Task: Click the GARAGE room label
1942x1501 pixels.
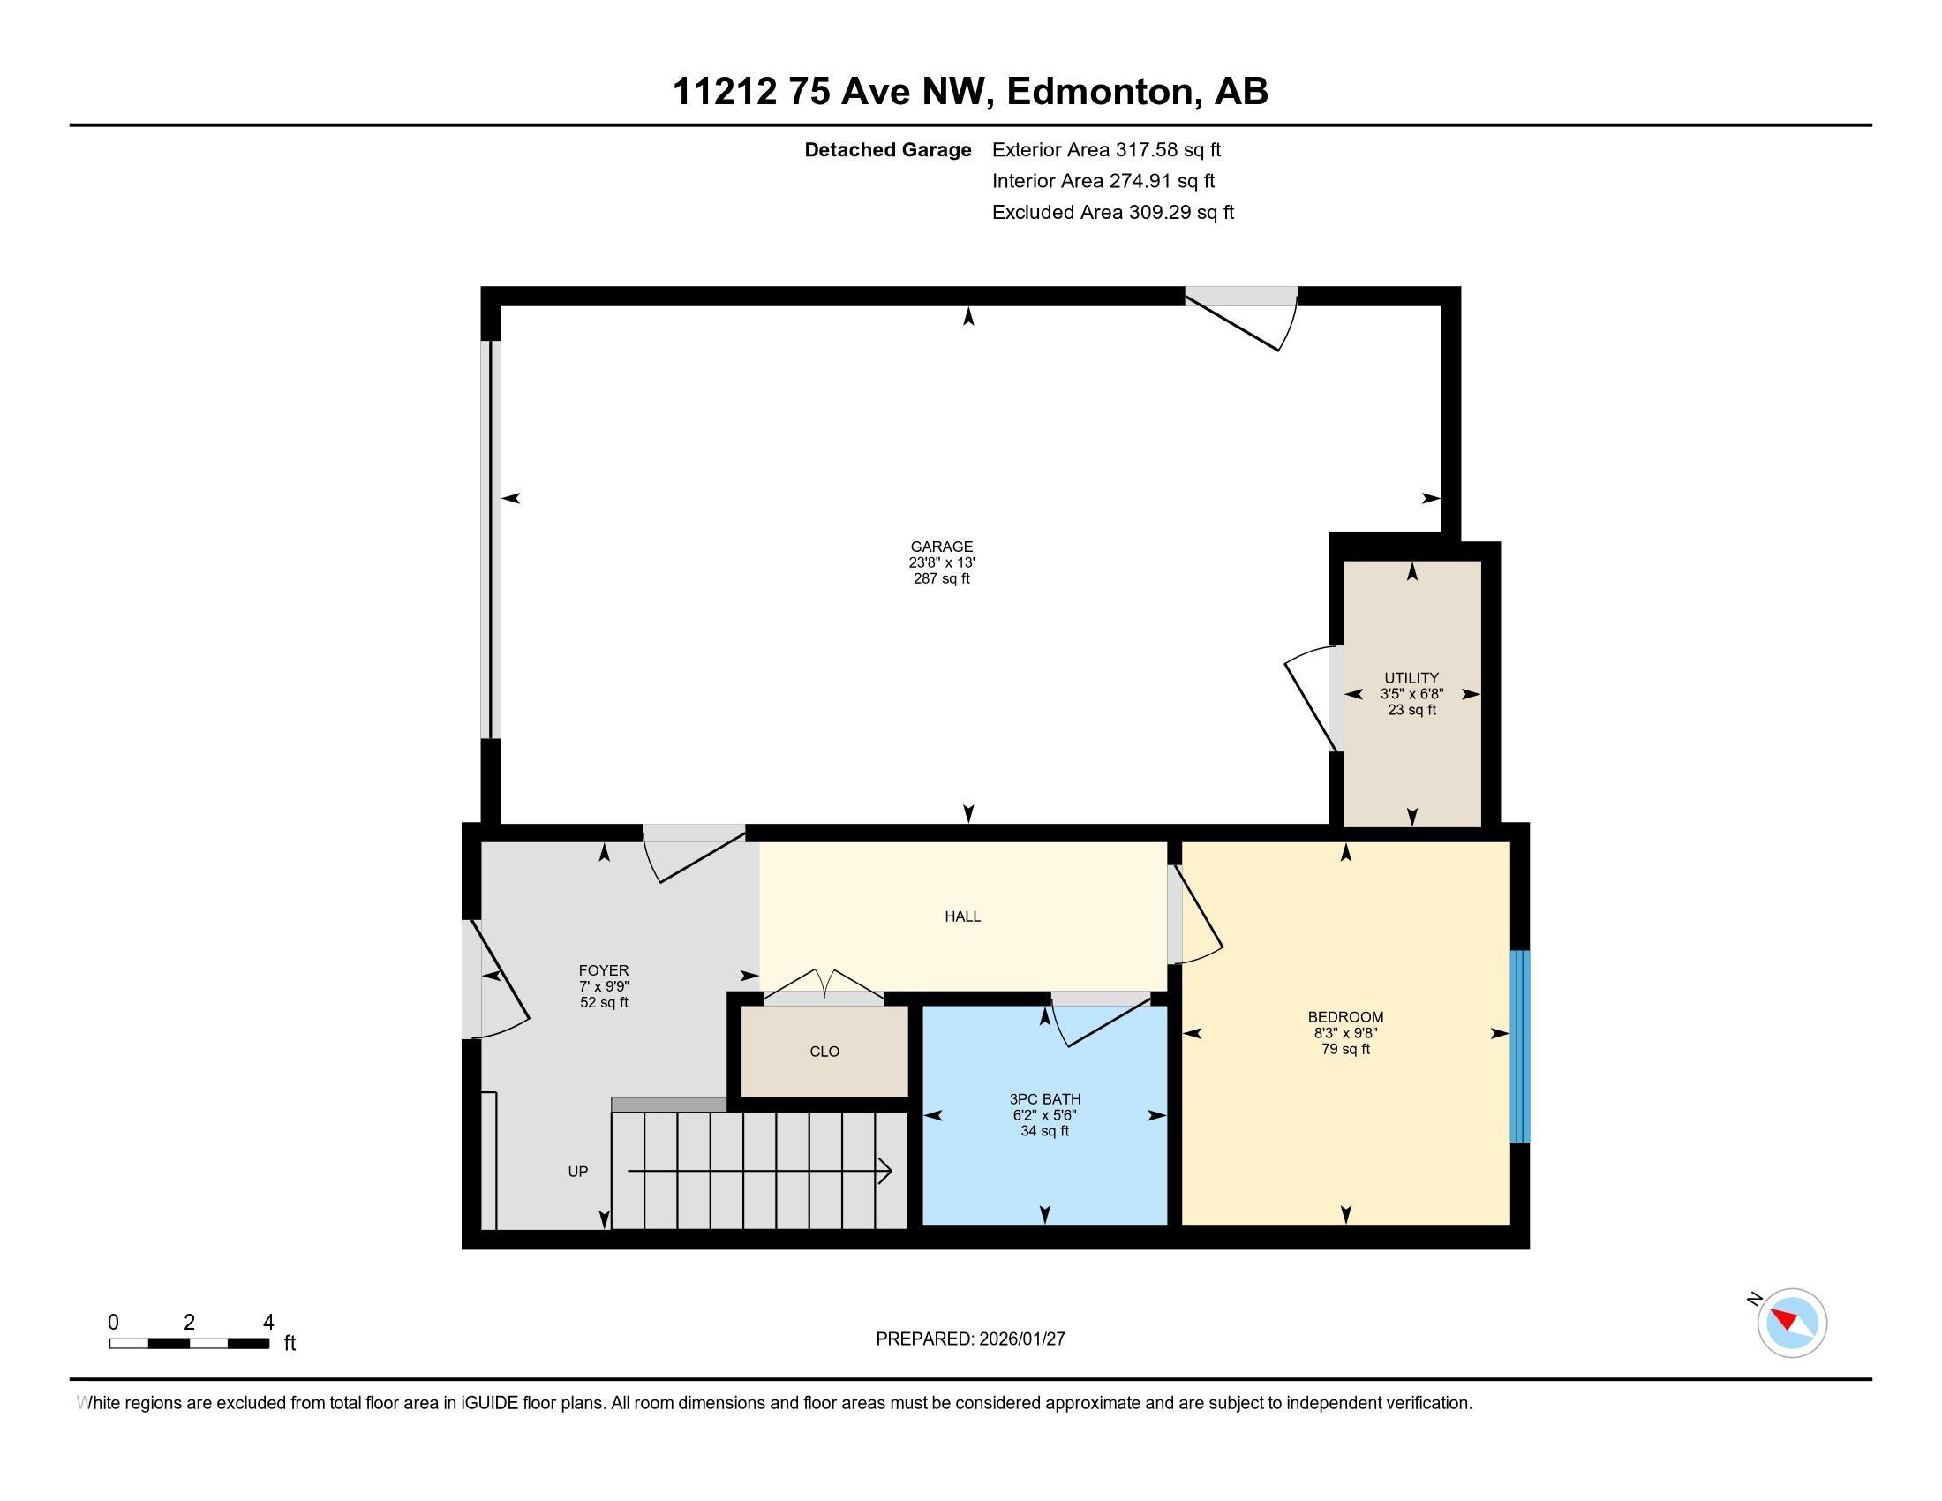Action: pos(941,547)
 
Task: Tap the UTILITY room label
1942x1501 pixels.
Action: pos(1411,677)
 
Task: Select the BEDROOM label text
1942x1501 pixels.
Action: pos(1345,1016)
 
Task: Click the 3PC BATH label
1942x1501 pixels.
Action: pos(1045,1099)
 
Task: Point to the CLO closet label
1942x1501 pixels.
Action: pos(824,1051)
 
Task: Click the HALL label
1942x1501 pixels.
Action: pos(962,916)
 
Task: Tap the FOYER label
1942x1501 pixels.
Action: pos(604,970)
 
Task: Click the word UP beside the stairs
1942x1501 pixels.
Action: pos(578,1171)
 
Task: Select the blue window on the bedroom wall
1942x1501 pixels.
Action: pos(1520,1045)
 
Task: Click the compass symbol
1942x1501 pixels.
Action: pos(1791,1323)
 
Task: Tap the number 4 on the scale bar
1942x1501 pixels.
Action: pos(268,1323)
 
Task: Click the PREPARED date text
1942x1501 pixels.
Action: pos(970,1339)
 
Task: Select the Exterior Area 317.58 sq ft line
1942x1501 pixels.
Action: pos(1106,149)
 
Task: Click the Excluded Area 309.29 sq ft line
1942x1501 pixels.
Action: pos(1112,212)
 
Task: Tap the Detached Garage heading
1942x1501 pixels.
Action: pos(887,149)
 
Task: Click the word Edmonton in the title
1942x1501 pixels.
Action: pos(1099,92)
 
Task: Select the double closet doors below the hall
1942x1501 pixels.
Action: pos(824,985)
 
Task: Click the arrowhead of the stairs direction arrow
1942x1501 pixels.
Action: pos(885,1171)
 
